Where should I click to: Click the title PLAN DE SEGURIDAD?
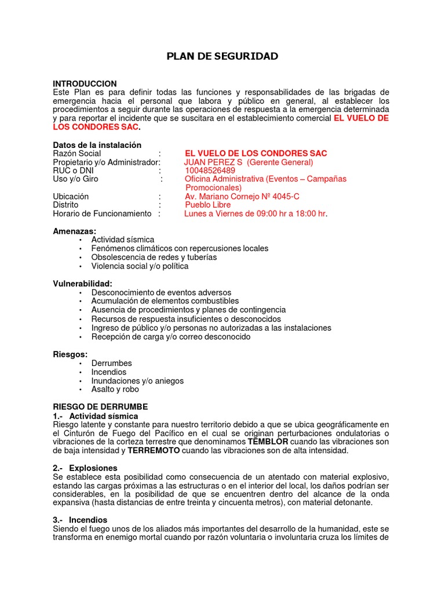(x=222, y=56)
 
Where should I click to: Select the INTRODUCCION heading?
(x=85, y=84)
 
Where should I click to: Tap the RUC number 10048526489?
(x=210, y=171)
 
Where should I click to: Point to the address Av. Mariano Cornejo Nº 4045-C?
(x=242, y=197)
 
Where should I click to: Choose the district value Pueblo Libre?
(x=207, y=205)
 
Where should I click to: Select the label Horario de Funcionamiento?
(x=102, y=213)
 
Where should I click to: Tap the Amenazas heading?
(x=74, y=231)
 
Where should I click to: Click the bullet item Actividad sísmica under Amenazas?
(x=123, y=240)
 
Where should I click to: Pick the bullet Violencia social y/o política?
(x=140, y=266)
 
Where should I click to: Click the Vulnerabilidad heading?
(x=82, y=284)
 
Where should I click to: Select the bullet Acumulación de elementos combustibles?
(x=165, y=301)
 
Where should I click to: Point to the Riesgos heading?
(x=70, y=354)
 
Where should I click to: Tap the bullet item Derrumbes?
(x=111, y=363)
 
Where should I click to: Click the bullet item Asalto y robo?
(x=115, y=389)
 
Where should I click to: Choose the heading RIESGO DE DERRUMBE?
(x=100, y=407)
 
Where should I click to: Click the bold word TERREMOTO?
(x=154, y=450)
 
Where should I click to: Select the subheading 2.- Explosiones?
(x=85, y=468)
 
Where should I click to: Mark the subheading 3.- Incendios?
(x=80, y=520)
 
